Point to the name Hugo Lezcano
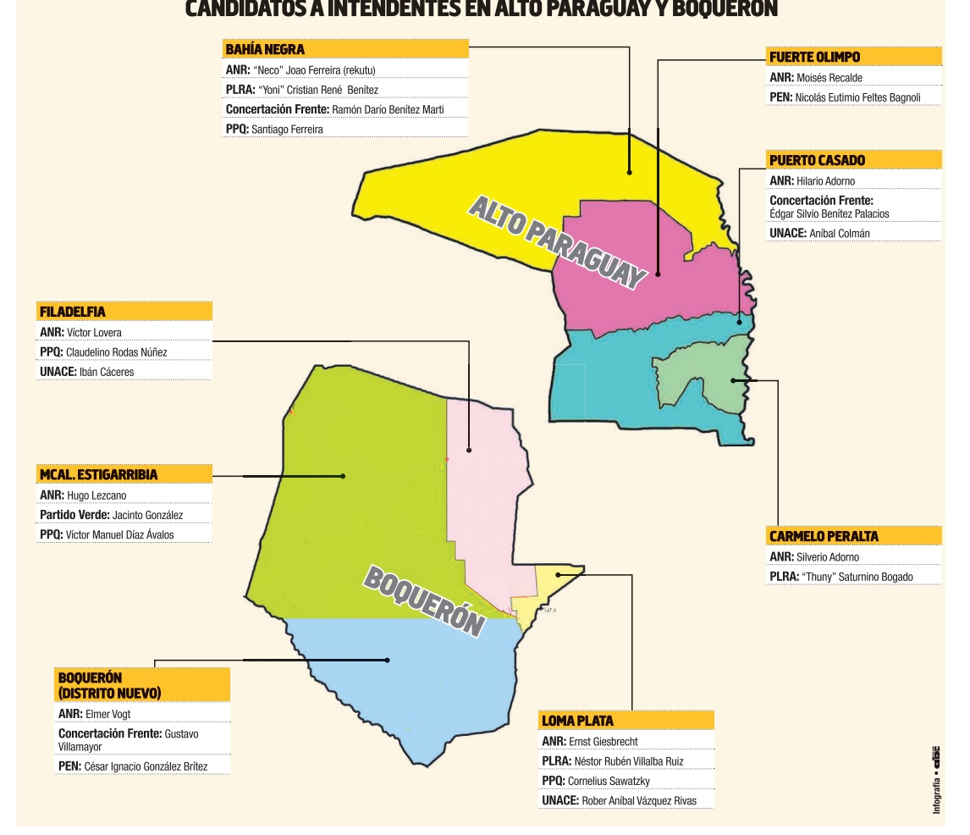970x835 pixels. pos(96,495)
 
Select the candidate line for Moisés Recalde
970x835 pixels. pos(829,78)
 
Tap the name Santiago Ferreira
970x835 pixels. pos(287,130)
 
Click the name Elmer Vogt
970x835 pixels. pos(108,714)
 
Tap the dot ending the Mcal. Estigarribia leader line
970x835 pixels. pos(343,476)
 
